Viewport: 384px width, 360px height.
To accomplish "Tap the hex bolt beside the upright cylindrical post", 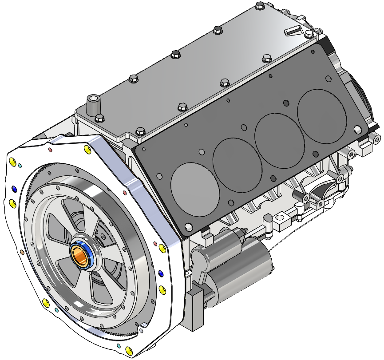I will pyautogui.click(x=99, y=118).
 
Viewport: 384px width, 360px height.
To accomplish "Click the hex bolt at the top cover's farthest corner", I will pyautogui.click(x=260, y=6).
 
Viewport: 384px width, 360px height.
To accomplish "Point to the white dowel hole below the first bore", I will pyautogui.click(x=188, y=227).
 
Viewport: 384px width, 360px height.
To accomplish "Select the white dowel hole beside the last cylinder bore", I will pyautogui.click(x=357, y=130).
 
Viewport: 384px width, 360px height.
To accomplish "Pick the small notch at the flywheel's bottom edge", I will pyautogui.click(x=141, y=330).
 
